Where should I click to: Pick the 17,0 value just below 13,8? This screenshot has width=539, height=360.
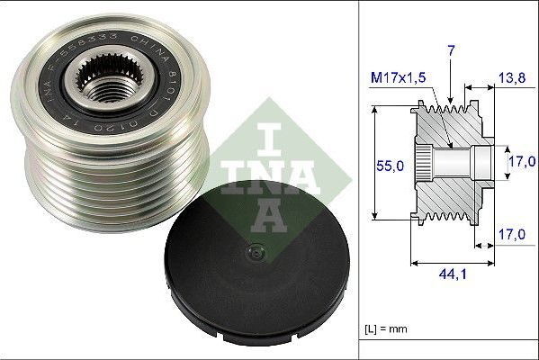click(x=523, y=161)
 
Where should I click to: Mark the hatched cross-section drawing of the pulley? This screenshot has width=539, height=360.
click(x=450, y=162)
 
